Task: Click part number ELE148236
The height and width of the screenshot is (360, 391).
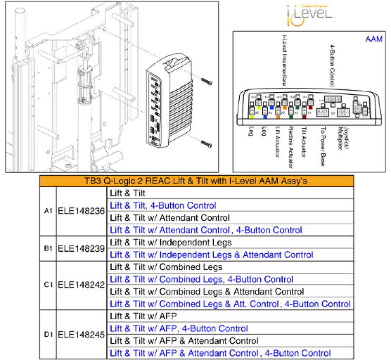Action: [x=81, y=211]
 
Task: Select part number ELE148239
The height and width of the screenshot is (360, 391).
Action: [x=81, y=248]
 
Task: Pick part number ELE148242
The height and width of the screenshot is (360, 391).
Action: [x=81, y=285]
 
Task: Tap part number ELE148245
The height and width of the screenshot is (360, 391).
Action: [x=81, y=335]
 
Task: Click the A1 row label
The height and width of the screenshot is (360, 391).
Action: [x=48, y=211]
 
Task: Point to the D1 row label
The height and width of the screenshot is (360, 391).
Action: [x=48, y=335]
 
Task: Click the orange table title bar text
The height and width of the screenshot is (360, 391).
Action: [x=196, y=181]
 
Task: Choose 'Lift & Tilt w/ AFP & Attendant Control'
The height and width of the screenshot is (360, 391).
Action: [x=184, y=341]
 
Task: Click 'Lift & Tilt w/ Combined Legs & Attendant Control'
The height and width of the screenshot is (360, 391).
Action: [x=207, y=292]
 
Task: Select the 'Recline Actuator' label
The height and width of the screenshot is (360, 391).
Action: [x=291, y=147]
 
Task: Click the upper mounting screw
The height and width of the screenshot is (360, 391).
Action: [x=207, y=81]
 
